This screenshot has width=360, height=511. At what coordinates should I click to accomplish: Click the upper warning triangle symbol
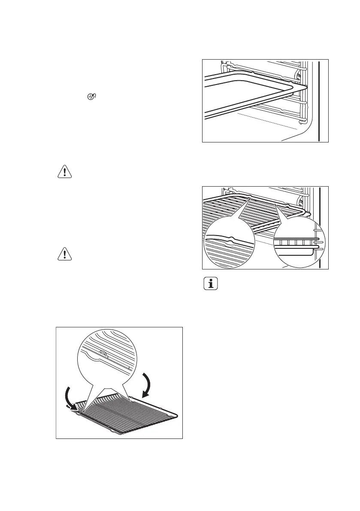coord(64,171)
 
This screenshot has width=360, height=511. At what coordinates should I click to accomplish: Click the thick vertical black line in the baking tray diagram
coord(319,101)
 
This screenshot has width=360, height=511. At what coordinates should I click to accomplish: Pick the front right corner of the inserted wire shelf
coord(306,213)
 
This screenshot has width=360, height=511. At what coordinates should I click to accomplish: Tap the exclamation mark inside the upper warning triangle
coord(64,172)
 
